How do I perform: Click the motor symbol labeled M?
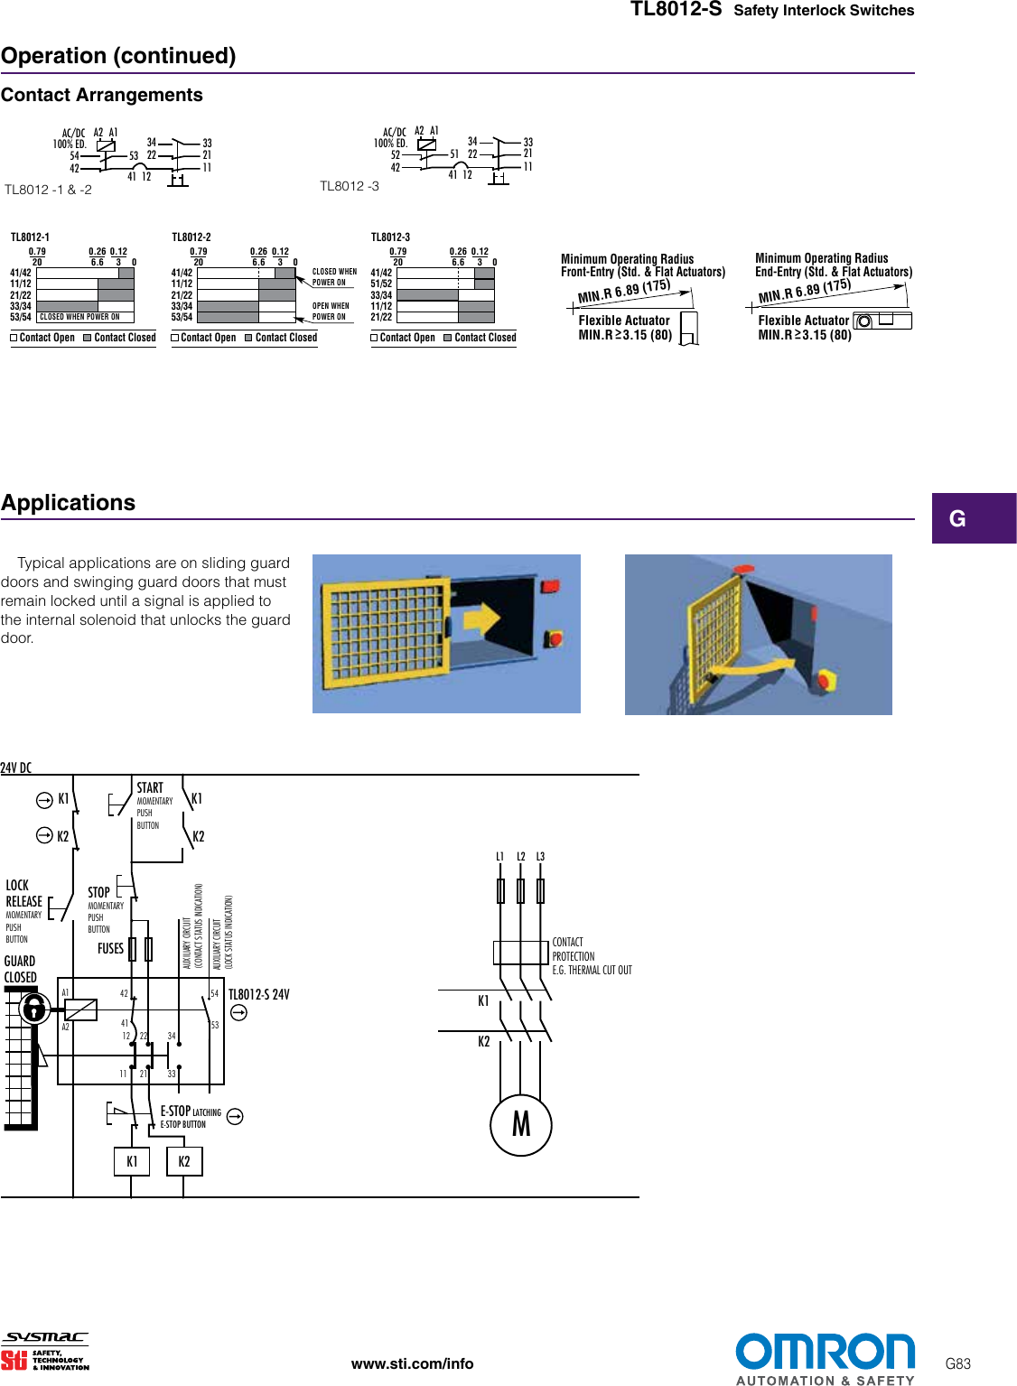(x=521, y=1124)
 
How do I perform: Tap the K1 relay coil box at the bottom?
(x=132, y=1162)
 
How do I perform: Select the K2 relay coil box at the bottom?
(x=184, y=1162)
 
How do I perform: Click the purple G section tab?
(x=974, y=518)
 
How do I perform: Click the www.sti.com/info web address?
(x=412, y=1363)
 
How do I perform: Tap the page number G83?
(x=957, y=1363)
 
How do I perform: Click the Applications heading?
(x=69, y=503)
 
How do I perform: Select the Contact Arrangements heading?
(x=102, y=95)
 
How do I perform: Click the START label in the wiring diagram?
(x=150, y=787)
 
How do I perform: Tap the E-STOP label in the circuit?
(x=175, y=1112)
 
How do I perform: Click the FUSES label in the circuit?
(x=110, y=948)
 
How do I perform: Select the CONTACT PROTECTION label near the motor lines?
(x=574, y=949)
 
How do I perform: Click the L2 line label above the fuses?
(x=520, y=856)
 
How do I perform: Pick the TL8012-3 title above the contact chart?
(x=390, y=237)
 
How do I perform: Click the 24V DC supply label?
(x=16, y=767)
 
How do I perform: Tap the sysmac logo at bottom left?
(x=45, y=1337)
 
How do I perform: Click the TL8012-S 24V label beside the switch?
(x=258, y=994)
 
